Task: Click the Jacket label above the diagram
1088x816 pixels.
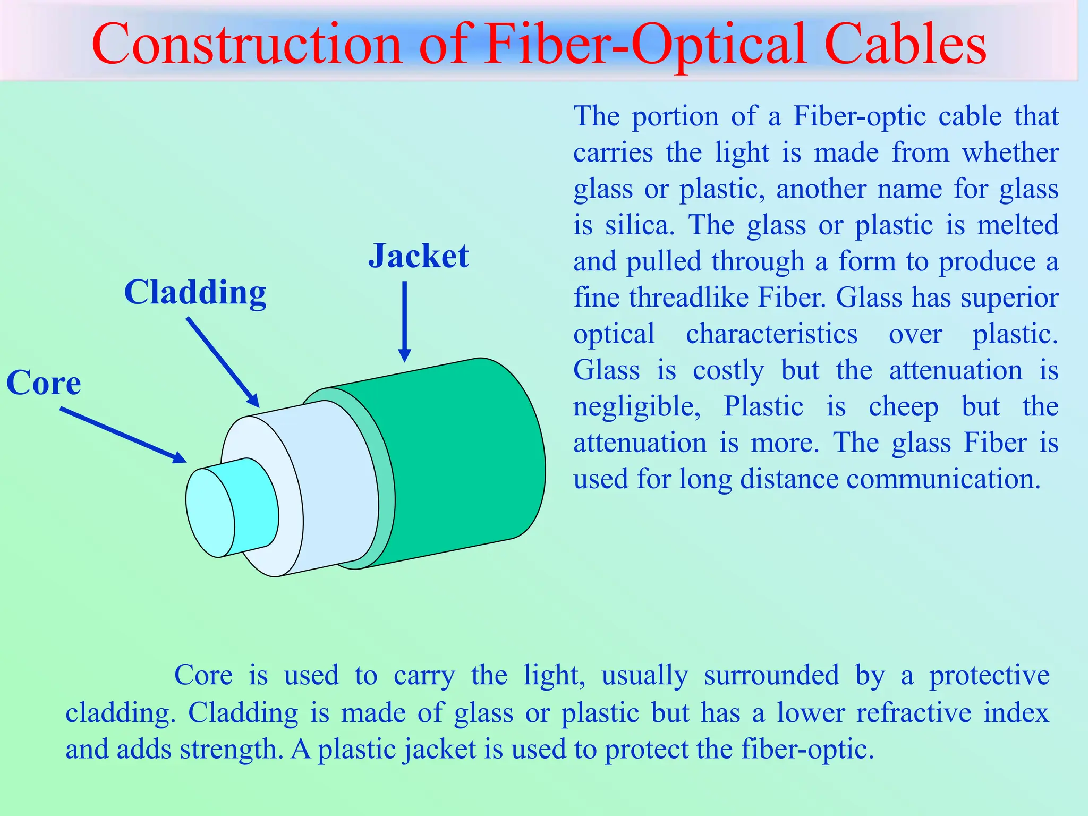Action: pos(419,256)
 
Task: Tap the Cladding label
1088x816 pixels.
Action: pos(195,293)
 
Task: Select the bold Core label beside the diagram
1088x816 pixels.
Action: pos(44,383)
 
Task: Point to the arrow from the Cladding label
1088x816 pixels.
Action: pos(223,362)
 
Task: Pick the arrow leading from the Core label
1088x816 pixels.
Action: pos(123,435)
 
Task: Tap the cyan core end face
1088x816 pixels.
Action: pos(210,513)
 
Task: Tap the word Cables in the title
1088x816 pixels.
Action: pos(906,45)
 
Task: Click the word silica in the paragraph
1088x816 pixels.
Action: pos(639,225)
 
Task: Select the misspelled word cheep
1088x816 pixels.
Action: pos(903,407)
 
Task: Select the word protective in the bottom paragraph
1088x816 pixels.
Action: pos(989,676)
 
